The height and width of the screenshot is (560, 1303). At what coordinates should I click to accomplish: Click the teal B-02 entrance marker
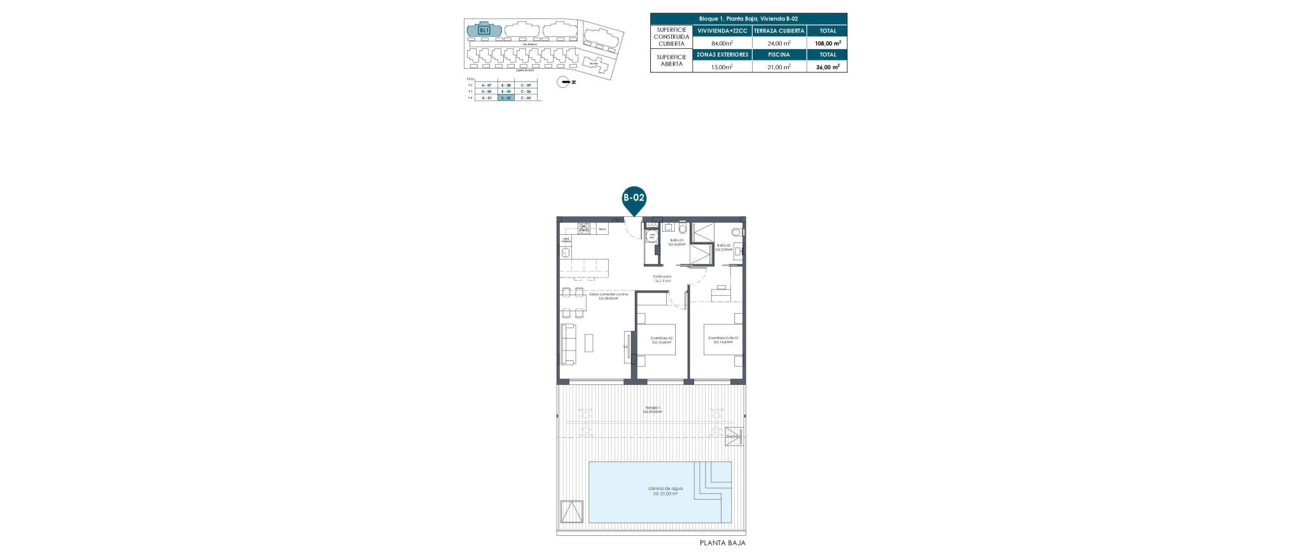pos(633,198)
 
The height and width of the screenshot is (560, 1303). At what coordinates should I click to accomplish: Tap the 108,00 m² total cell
pos(827,43)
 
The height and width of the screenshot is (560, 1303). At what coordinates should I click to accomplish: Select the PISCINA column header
pos(779,55)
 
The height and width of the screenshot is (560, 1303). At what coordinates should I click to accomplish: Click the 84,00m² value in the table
pos(722,43)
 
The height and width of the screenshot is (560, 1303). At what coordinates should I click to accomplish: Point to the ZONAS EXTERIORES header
pos(722,55)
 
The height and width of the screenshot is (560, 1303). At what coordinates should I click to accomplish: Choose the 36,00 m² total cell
pos(827,66)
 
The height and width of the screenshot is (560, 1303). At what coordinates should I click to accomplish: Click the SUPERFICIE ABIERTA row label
pos(671,60)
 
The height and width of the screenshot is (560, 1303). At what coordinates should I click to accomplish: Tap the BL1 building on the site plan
pos(484,30)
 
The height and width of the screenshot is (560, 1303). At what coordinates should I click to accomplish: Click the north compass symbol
pos(563,81)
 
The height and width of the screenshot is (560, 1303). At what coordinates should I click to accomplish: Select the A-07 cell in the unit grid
pos(487,85)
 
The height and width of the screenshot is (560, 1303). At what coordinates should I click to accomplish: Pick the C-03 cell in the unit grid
pos(526,98)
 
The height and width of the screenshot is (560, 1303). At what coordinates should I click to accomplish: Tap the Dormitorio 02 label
pos(661,340)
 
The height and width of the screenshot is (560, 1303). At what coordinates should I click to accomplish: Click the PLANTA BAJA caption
pos(722,543)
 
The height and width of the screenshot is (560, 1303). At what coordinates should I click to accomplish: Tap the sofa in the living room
pos(123,344)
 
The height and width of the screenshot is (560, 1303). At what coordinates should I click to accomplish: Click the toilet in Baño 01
pos(683,228)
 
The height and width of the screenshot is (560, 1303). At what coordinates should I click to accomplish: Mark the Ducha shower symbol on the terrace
pos(734,437)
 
